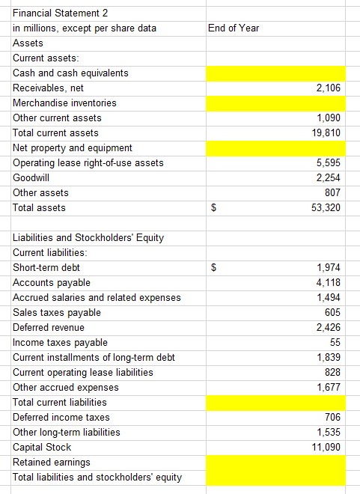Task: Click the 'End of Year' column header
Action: click(x=234, y=28)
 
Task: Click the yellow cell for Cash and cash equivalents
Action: click(x=275, y=73)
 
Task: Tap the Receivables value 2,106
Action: click(x=329, y=88)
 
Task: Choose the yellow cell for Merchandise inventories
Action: click(x=275, y=103)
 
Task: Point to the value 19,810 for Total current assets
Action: click(x=326, y=132)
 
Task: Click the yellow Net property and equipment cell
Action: click(x=275, y=147)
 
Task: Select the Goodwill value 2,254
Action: click(x=329, y=177)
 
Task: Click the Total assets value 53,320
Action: click(x=326, y=207)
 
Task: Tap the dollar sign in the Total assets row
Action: click(x=213, y=207)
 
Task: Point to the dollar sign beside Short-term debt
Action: click(x=213, y=267)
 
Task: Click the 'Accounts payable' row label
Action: click(x=52, y=282)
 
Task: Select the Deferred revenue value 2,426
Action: click(x=329, y=327)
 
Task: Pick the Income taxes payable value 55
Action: click(x=335, y=342)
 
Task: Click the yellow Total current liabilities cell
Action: click(x=275, y=402)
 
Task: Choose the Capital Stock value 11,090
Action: click(x=326, y=447)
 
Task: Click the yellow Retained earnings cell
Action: click(x=275, y=462)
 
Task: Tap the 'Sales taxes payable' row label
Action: click(x=57, y=312)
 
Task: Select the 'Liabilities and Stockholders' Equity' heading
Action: click(x=88, y=238)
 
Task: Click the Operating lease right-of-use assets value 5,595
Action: click(x=329, y=162)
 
